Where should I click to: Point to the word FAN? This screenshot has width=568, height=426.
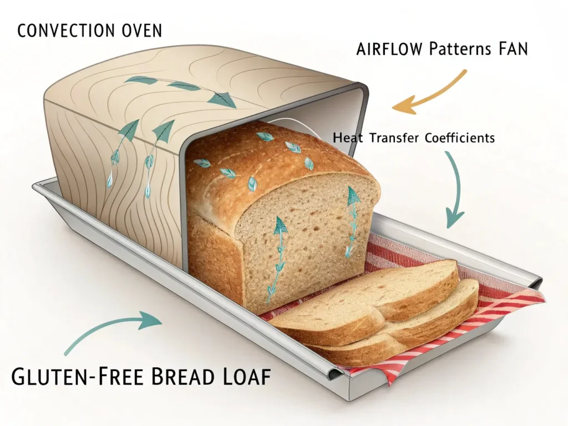click(509, 49)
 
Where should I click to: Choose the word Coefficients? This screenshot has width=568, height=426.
click(459, 138)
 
